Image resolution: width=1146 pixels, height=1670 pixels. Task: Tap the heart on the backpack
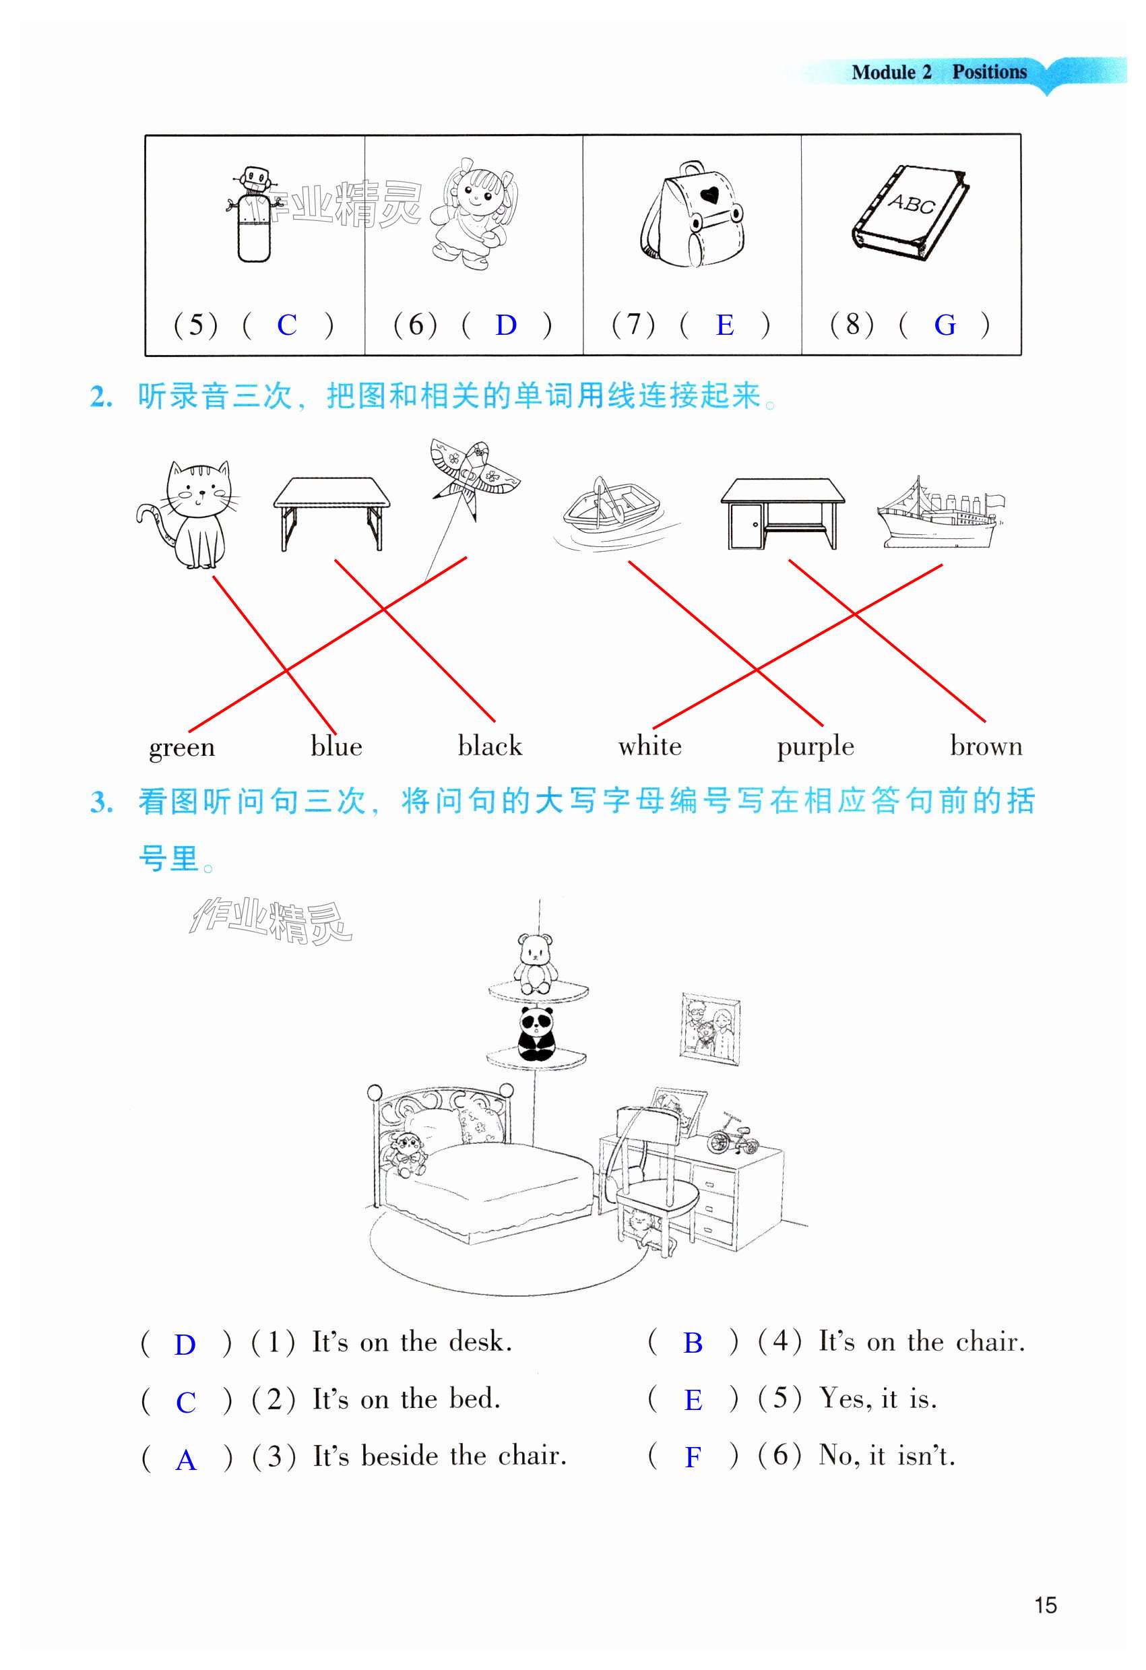711,194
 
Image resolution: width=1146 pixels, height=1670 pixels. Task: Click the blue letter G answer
944,325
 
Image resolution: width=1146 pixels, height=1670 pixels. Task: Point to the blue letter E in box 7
724,325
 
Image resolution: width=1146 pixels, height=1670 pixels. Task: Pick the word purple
815,746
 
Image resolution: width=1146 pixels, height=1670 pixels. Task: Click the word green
182,747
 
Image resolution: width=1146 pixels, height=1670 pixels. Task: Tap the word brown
986,746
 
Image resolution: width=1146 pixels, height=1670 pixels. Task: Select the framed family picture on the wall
710,1030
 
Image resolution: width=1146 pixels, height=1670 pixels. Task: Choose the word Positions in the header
990,72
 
